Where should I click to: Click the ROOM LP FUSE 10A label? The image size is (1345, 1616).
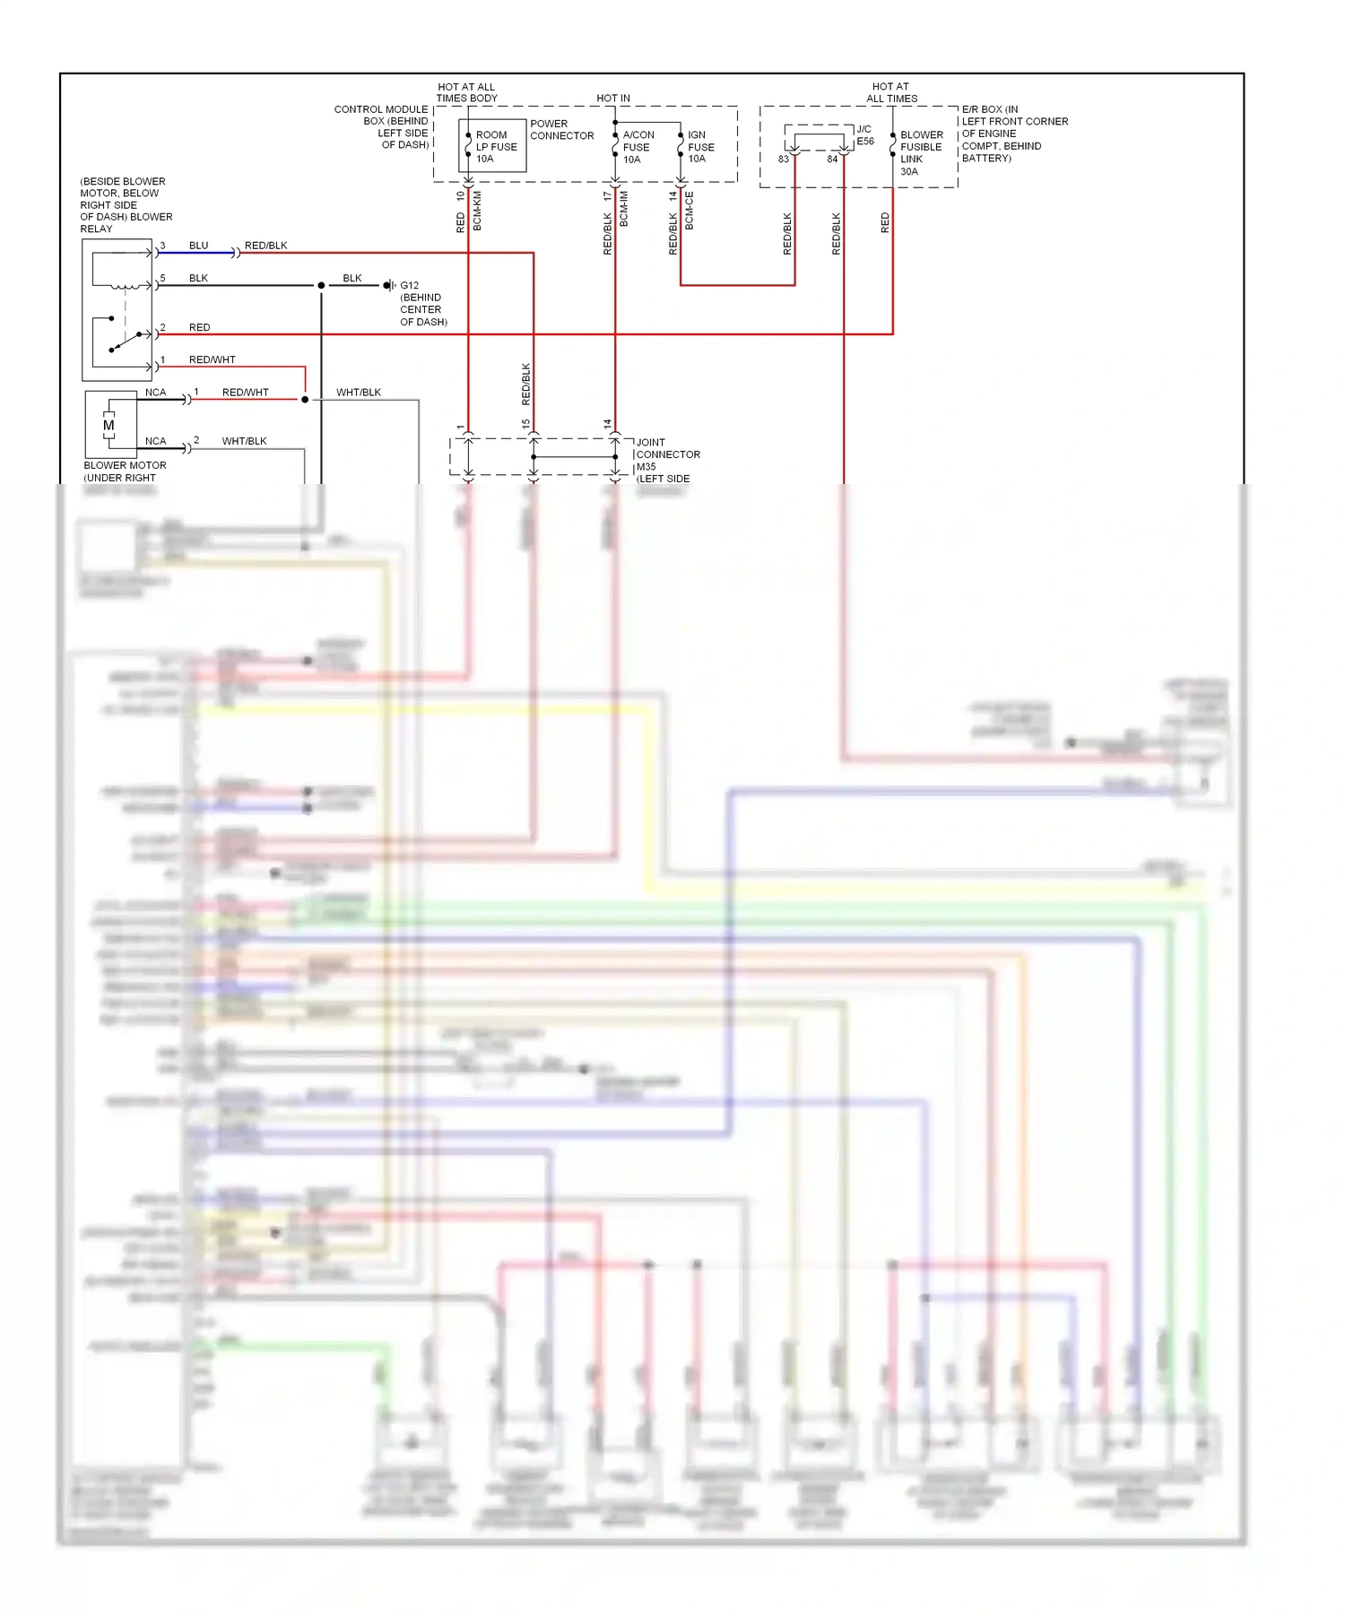[496, 147]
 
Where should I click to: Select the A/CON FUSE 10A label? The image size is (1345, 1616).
[638, 147]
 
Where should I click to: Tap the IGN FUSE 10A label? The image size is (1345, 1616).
[700, 147]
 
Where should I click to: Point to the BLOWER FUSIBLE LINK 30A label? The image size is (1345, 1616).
[921, 153]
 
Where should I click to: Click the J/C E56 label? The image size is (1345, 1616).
[864, 135]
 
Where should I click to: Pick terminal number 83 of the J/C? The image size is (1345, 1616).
[784, 160]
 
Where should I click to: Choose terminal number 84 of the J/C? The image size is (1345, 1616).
[832, 160]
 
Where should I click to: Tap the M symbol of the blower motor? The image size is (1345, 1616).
[108, 426]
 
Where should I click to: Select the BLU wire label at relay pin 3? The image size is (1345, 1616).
[198, 246]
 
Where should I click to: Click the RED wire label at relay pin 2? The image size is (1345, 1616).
[199, 328]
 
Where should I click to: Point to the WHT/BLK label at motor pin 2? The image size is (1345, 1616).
[244, 441]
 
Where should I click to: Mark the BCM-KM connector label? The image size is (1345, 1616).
[477, 211]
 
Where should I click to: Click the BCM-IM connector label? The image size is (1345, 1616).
[624, 209]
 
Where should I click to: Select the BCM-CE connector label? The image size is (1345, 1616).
[690, 211]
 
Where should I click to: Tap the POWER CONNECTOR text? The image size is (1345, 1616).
[561, 130]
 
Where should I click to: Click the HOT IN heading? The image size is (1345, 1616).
[613, 99]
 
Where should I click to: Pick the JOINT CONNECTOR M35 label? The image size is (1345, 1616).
[667, 454]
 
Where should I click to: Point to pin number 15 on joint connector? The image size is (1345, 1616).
[526, 424]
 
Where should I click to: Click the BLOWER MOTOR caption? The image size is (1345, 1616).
[125, 465]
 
